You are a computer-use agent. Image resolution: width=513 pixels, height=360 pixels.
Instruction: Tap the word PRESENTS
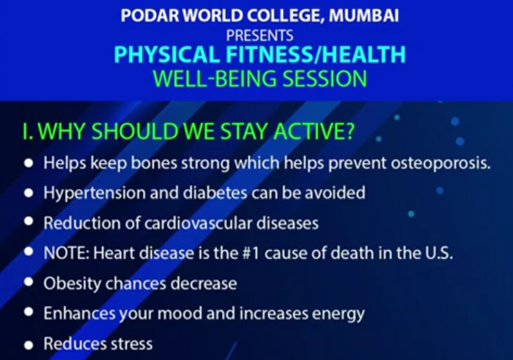click(x=260, y=34)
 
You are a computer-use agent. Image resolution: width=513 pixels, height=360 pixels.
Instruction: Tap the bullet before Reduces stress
click(x=29, y=343)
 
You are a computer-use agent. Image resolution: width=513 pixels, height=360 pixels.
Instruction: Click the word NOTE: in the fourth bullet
click(x=65, y=253)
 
